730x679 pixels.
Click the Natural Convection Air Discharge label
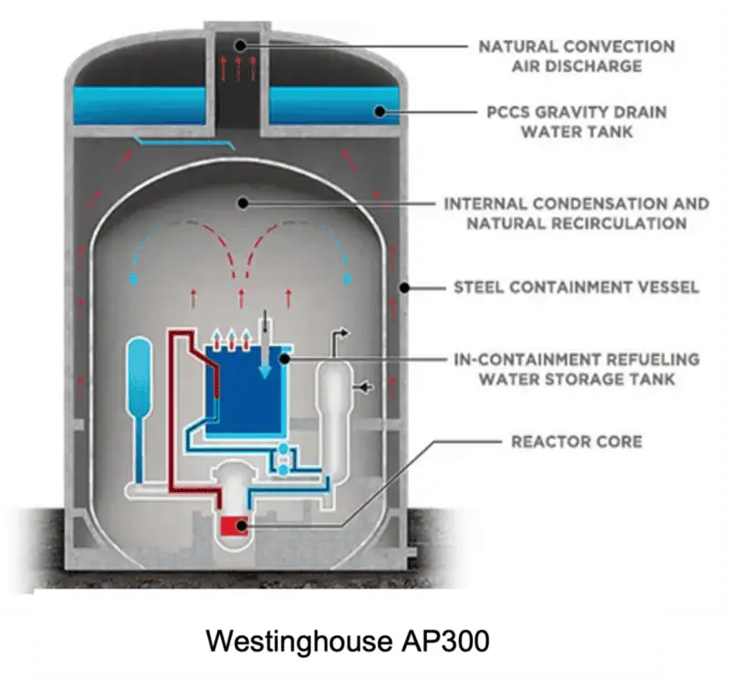pos(576,56)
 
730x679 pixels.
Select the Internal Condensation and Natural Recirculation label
pos(576,214)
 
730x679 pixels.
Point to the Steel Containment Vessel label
pos(576,287)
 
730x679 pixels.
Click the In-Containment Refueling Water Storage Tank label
pos(576,369)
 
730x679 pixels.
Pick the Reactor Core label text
pos(576,442)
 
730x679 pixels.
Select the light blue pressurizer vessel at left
pos(139,374)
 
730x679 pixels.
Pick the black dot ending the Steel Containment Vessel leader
pos(401,287)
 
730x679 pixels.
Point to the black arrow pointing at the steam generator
pos(367,388)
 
